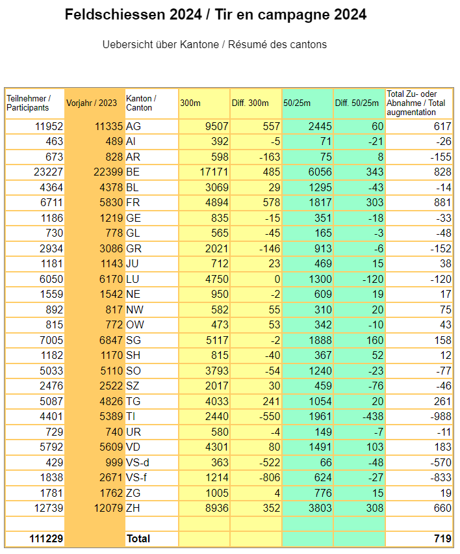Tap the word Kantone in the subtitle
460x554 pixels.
pyautogui.click(x=199, y=44)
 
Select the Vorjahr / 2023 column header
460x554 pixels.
pyautogui.click(x=92, y=103)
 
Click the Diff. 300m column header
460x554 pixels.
pyautogui.click(x=250, y=103)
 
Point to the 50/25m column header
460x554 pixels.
pyautogui.click(x=297, y=103)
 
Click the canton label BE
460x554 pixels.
pyautogui.click(x=133, y=172)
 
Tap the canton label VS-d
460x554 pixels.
pyautogui.click(x=137, y=462)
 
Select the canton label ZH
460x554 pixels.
pyautogui.click(x=133, y=508)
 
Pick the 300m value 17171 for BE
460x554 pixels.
pyautogui.click(x=214, y=172)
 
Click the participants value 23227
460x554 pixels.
pyautogui.click(x=48, y=172)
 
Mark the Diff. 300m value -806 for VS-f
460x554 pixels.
pyautogui.click(x=270, y=478)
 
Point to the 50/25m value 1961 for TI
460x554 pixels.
pyautogui.click(x=320, y=417)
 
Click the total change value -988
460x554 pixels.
pyautogui.click(x=441, y=417)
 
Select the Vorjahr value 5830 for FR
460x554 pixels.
pyautogui.click(x=111, y=202)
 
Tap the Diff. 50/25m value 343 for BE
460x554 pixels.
pyautogui.click(x=375, y=172)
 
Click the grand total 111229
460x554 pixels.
pyautogui.click(x=46, y=538)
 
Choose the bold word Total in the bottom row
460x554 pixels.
pyautogui.click(x=138, y=538)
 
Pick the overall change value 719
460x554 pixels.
pyautogui.click(x=442, y=538)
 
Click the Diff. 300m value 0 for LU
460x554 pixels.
pyautogui.click(x=277, y=279)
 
